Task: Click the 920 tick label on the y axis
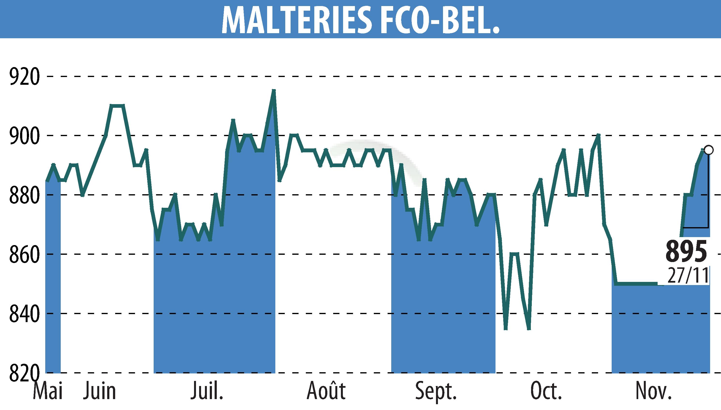[24, 77]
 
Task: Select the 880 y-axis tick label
[24, 195]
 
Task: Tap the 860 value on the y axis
[24, 255]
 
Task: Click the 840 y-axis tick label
[24, 314]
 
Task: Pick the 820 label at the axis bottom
[24, 373]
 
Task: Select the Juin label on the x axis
[99, 391]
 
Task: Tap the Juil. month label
[207, 391]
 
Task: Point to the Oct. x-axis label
[546, 391]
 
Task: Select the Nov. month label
[654, 391]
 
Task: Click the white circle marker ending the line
[708, 150]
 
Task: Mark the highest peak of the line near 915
[273, 91]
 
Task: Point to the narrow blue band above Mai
[53, 276]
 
